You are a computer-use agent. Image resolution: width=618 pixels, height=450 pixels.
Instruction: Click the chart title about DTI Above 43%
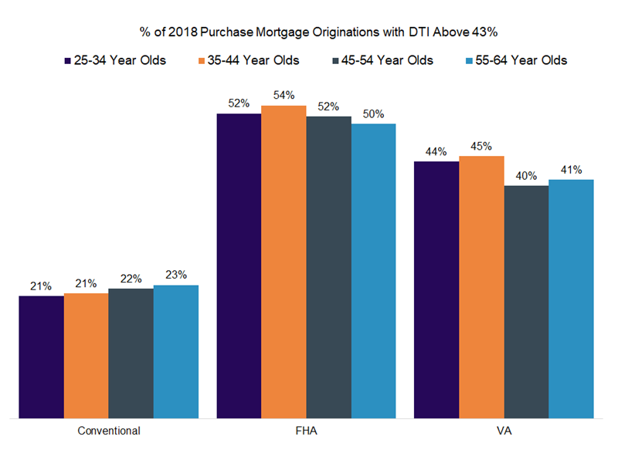(x=309, y=32)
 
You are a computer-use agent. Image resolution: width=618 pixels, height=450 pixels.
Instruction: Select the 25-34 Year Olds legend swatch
(x=67, y=60)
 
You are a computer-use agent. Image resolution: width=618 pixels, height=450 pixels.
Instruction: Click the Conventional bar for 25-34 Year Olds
(x=41, y=356)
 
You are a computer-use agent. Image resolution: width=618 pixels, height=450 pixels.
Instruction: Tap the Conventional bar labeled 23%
(x=175, y=350)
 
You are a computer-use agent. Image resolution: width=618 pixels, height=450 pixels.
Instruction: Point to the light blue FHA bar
(x=373, y=270)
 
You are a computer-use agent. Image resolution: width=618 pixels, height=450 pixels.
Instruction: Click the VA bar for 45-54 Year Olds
(x=526, y=301)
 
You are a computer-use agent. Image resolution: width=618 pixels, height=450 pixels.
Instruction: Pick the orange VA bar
(x=481, y=286)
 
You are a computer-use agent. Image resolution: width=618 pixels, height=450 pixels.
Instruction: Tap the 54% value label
(x=284, y=95)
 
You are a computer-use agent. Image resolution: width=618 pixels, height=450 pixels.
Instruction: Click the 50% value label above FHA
(x=373, y=113)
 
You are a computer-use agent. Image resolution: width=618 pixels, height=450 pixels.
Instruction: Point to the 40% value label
(x=526, y=175)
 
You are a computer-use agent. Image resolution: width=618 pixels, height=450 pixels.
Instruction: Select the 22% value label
(x=131, y=279)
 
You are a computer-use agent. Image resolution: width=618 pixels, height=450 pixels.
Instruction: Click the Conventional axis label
(x=109, y=430)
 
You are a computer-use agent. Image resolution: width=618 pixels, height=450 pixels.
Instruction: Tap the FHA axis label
(x=306, y=430)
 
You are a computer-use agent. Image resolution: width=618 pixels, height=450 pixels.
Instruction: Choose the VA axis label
(x=504, y=430)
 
